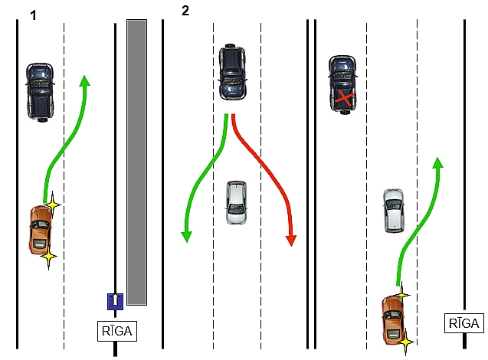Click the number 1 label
(x=33, y=15)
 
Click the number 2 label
(x=185, y=11)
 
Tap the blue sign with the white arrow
(x=115, y=301)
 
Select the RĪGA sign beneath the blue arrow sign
(x=117, y=331)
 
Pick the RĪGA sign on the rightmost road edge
(x=463, y=323)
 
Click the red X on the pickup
(x=345, y=98)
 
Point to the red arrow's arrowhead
(x=291, y=241)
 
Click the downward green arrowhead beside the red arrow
(x=186, y=237)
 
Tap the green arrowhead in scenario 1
(x=84, y=80)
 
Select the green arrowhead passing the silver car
(x=438, y=162)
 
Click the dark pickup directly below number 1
(x=40, y=92)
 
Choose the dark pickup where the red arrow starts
(x=232, y=72)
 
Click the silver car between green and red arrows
(x=236, y=202)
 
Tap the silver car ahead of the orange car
(x=394, y=211)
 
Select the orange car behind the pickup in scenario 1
(x=41, y=230)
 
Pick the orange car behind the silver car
(x=393, y=320)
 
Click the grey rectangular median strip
(x=136, y=162)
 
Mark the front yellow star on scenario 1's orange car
(x=53, y=205)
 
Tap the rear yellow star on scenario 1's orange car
(x=48, y=257)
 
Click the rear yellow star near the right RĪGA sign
(x=405, y=342)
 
